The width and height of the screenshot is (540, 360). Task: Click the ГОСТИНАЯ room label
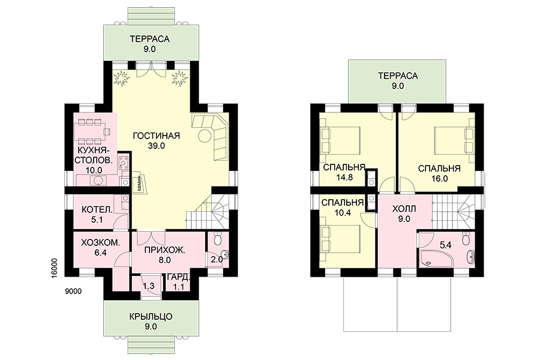(157, 136)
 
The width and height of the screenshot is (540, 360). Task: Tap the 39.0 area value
(157, 146)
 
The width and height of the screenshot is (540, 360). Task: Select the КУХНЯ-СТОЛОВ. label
(94, 155)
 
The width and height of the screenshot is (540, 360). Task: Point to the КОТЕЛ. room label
(97, 209)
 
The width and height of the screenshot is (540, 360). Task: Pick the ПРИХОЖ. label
(164, 250)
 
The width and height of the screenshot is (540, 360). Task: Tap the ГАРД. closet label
(178, 277)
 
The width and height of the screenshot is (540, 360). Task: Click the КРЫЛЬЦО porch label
(151, 316)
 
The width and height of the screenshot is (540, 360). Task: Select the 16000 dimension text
(59, 266)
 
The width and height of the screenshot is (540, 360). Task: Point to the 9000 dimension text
(73, 292)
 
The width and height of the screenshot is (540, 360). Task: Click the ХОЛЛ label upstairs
(404, 209)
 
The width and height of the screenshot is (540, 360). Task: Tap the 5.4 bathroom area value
(446, 245)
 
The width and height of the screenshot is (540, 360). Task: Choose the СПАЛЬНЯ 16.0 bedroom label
(439, 173)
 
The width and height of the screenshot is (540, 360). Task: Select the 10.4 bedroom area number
(343, 212)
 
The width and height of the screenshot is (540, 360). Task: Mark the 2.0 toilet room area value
(217, 259)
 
